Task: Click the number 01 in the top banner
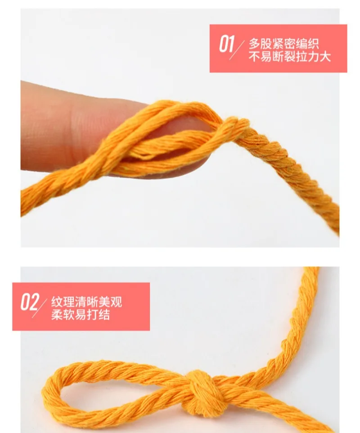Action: [226, 44]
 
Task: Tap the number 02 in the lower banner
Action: [30, 302]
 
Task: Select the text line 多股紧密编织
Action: [284, 44]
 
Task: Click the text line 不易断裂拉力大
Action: [289, 56]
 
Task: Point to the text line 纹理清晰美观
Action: [86, 302]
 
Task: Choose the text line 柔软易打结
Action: [81, 315]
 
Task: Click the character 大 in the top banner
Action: [325, 56]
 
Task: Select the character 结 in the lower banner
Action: [104, 315]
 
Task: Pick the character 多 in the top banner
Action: [254, 44]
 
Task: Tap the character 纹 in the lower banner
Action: [57, 302]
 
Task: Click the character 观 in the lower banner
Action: [116, 302]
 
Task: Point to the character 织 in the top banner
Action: [313, 44]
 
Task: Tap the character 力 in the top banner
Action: [313, 56]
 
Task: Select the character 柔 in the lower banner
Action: [57, 315]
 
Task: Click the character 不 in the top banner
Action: [254, 56]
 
